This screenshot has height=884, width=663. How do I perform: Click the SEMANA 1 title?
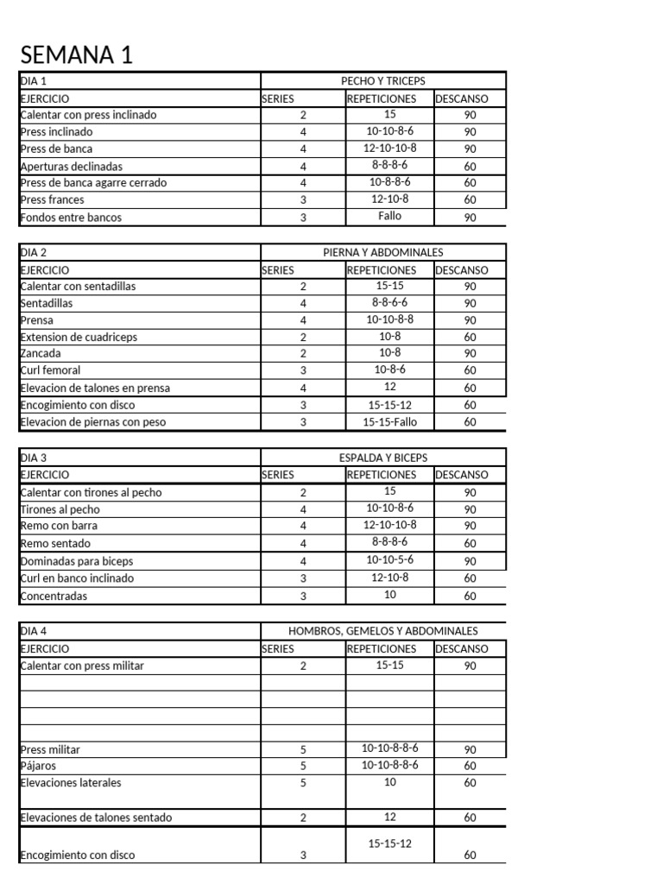pyautogui.click(x=77, y=56)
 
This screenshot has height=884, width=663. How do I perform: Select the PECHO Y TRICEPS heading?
pyautogui.click(x=383, y=81)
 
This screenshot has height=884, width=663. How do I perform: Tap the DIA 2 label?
pyautogui.click(x=34, y=252)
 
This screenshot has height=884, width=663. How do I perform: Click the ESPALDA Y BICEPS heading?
pyautogui.click(x=383, y=458)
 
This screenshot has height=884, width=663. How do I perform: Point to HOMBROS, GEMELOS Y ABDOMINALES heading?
pyautogui.click(x=383, y=631)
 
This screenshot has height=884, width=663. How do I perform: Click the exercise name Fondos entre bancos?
pyautogui.click(x=71, y=218)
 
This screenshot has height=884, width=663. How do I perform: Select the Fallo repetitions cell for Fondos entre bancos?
pyautogui.click(x=389, y=217)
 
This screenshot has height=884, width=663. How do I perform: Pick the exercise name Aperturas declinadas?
pyautogui.click(x=71, y=166)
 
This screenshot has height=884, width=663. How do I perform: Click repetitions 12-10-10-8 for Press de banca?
pyautogui.click(x=389, y=148)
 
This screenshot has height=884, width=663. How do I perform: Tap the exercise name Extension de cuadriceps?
pyautogui.click(x=79, y=337)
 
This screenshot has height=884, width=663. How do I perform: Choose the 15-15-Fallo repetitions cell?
pyautogui.click(x=389, y=422)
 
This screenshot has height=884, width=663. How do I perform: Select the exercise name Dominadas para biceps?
pyautogui.click(x=76, y=561)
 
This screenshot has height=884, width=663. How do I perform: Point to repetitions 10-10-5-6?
pyautogui.click(x=389, y=560)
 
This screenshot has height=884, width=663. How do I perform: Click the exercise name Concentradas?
pyautogui.click(x=54, y=596)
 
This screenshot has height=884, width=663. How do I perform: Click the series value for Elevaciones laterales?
pyautogui.click(x=303, y=783)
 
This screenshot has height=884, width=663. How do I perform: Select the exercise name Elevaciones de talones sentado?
pyautogui.click(x=96, y=818)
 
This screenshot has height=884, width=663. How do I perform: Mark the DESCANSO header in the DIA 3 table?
pyautogui.click(x=461, y=475)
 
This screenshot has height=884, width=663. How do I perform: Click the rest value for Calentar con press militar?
pyautogui.click(x=470, y=666)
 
